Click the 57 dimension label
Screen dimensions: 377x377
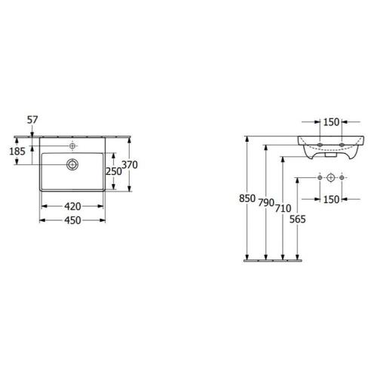point(32,120)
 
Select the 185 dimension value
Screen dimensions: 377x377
point(17,152)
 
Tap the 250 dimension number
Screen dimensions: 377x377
point(114,171)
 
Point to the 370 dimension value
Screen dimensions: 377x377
point(130,165)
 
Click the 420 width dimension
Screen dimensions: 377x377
point(72,207)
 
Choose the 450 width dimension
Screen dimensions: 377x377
point(72,220)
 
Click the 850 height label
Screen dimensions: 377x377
point(247,198)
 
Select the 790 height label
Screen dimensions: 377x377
point(266,203)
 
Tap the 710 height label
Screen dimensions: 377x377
point(283,208)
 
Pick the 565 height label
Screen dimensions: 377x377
point(298,219)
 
